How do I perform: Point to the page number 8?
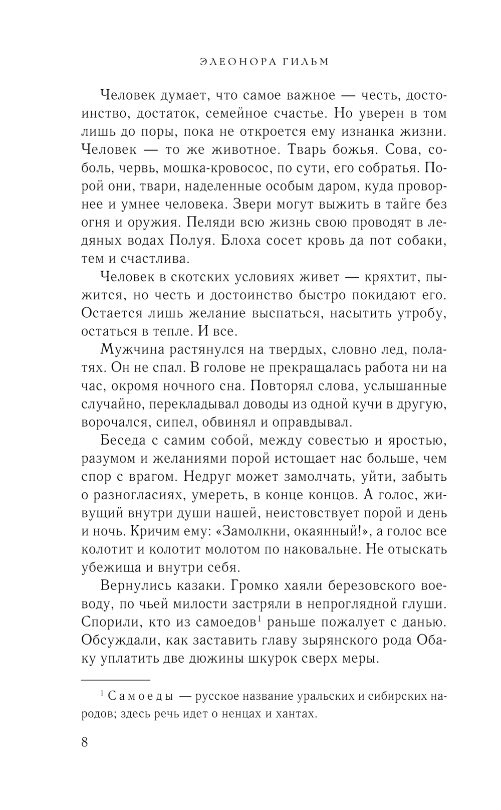coord(84,741)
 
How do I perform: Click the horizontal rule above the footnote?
coord(116,680)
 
